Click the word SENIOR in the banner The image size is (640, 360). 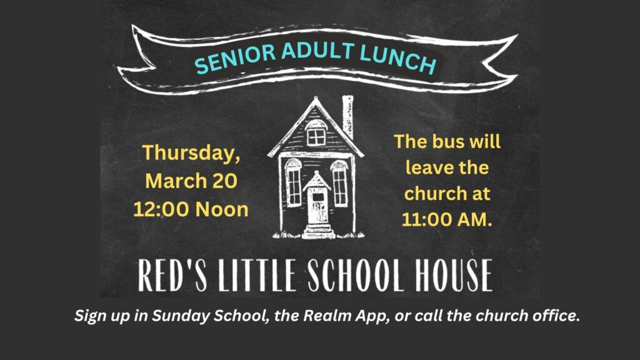(x=235, y=58)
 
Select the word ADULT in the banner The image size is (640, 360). (x=317, y=51)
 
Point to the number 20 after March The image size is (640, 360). (x=224, y=181)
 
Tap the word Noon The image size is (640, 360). (x=222, y=209)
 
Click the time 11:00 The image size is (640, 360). (x=426, y=219)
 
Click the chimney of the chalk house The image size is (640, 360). (x=347, y=116)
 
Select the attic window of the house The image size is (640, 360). (x=316, y=136)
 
